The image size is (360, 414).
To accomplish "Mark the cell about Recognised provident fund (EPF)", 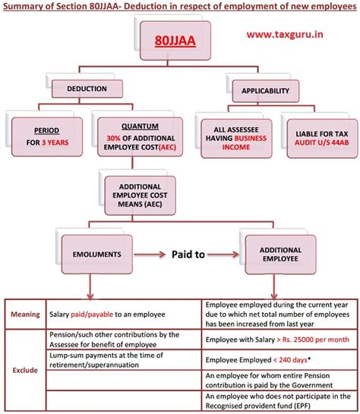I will pos(278,400).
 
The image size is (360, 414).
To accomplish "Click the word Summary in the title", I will pos(27,7).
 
